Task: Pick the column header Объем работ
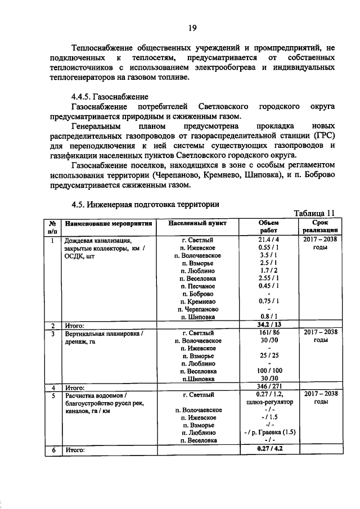pos(269,226)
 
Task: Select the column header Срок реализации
pos(319,226)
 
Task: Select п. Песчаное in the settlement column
pos(197,286)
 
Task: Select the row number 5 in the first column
pos(53,395)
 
